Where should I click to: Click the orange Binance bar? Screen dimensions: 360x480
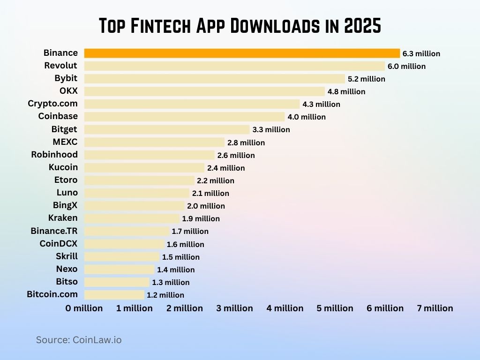[x=242, y=53]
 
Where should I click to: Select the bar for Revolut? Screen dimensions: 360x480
[x=234, y=66]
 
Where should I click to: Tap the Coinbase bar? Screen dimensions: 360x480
[x=184, y=117]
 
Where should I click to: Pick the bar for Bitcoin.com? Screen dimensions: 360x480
[x=114, y=295]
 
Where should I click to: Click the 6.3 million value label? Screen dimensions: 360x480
[x=421, y=53]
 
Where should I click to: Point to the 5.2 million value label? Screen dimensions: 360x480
[x=366, y=79]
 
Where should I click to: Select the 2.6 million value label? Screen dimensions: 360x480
[x=236, y=155]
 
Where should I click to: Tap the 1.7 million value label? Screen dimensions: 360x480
[x=190, y=231]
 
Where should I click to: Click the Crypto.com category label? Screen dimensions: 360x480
[x=52, y=104]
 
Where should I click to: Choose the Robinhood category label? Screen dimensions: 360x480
[x=54, y=154]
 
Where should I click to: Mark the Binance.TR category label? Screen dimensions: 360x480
[x=54, y=231]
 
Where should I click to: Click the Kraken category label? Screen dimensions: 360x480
[x=63, y=218]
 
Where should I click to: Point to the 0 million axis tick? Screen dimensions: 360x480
[x=84, y=308]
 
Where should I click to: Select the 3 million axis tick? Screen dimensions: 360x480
[x=234, y=308]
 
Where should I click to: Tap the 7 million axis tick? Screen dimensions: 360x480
[x=435, y=308]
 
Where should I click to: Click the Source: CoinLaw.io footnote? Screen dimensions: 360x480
[x=79, y=340]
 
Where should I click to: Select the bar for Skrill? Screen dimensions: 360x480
[x=122, y=257]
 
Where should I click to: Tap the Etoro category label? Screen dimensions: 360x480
[x=66, y=180]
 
